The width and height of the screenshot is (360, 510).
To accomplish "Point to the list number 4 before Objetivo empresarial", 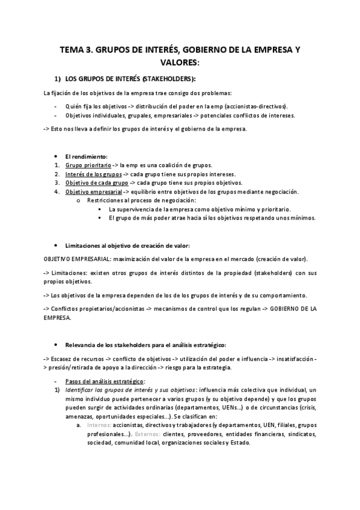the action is [56, 192].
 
